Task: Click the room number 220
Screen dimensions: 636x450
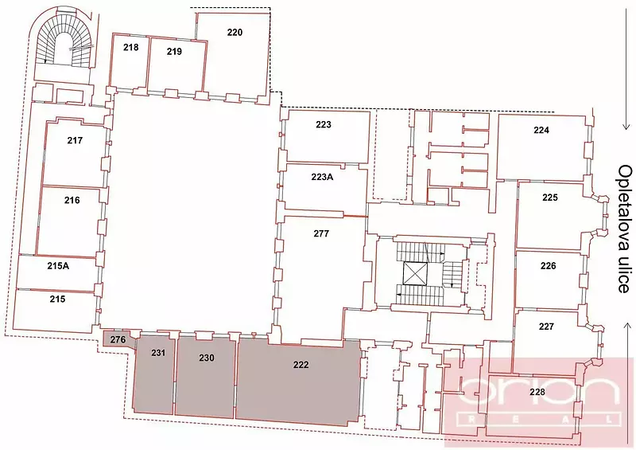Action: [x=235, y=32]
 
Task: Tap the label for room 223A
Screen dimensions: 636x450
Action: [x=323, y=178]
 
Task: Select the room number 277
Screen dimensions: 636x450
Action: [x=321, y=233]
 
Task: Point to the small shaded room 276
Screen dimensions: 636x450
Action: [x=118, y=339]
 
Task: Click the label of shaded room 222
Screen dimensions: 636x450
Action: [x=301, y=365]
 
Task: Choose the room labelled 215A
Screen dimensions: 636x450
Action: [x=58, y=266]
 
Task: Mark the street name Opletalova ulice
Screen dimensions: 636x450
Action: [x=625, y=229]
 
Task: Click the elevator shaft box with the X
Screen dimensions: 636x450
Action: [x=415, y=273]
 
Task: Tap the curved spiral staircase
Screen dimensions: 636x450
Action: [x=64, y=41]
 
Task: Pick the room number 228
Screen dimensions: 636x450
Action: [x=537, y=392]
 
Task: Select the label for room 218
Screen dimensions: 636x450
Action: [x=131, y=47]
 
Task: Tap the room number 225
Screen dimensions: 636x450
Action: [x=550, y=198]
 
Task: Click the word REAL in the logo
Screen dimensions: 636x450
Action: [x=541, y=419]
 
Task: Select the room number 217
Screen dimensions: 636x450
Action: [x=75, y=140]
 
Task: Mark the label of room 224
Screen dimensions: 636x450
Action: [x=541, y=130]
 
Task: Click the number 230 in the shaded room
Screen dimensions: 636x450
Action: [x=207, y=358]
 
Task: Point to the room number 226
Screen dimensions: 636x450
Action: [x=548, y=266]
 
